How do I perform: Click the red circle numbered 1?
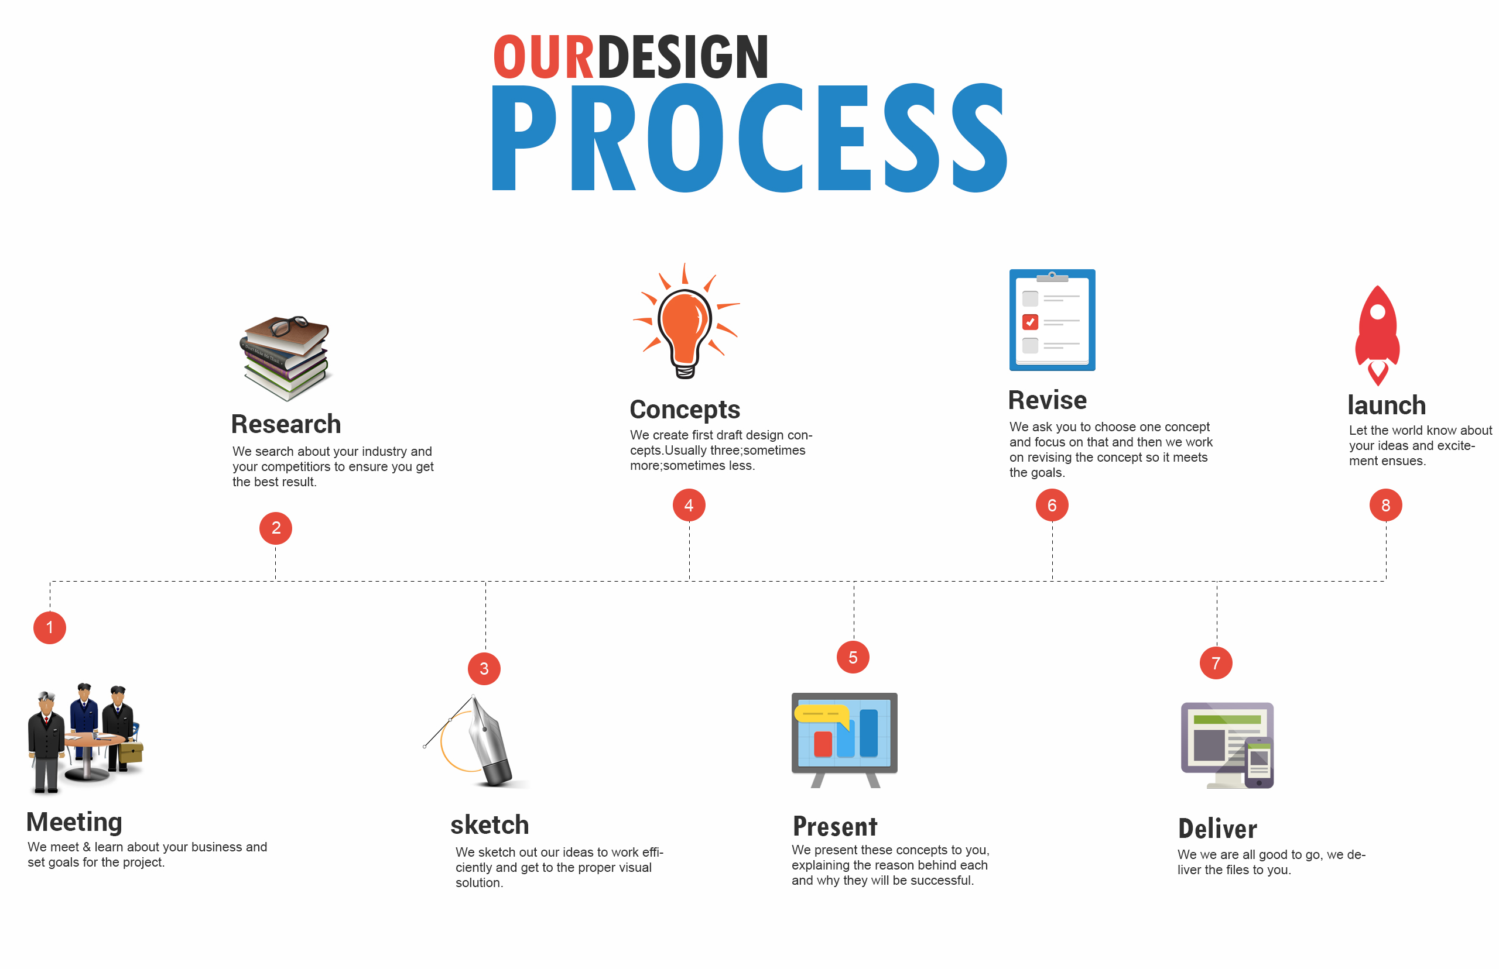[50, 627]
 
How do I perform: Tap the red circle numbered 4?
[689, 504]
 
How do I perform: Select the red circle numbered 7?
[1216, 662]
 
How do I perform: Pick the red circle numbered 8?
[1385, 504]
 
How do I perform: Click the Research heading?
[286, 424]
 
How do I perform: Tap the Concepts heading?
[685, 410]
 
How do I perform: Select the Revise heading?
[1047, 400]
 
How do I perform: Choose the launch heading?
[1387, 406]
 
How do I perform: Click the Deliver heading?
[1217, 829]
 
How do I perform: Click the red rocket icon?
[1377, 335]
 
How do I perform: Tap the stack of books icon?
[286, 358]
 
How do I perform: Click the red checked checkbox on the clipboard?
[1030, 322]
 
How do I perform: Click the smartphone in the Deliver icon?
[1258, 763]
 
